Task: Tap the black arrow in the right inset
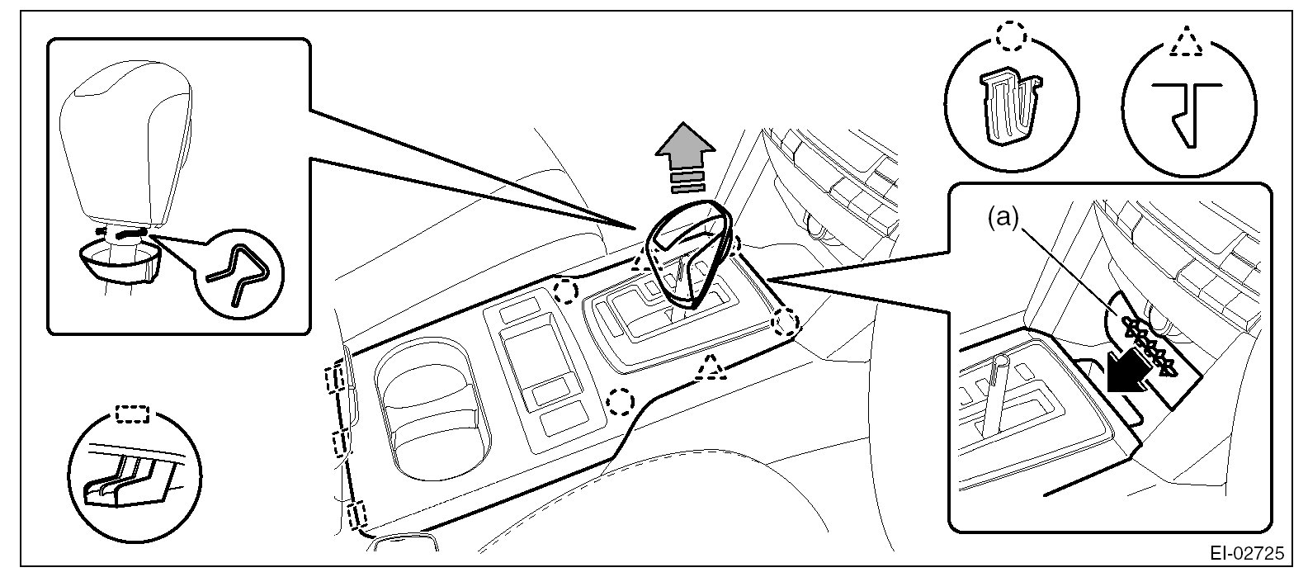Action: pos(1131,368)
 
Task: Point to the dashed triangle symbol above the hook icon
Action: pos(1187,41)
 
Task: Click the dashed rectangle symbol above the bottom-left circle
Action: pos(132,413)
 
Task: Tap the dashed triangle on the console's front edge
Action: pos(711,367)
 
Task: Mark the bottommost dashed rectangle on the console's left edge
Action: pos(357,518)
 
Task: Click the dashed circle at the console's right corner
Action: pos(785,321)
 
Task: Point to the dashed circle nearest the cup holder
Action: pos(620,401)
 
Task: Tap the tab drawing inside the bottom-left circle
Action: pos(124,480)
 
